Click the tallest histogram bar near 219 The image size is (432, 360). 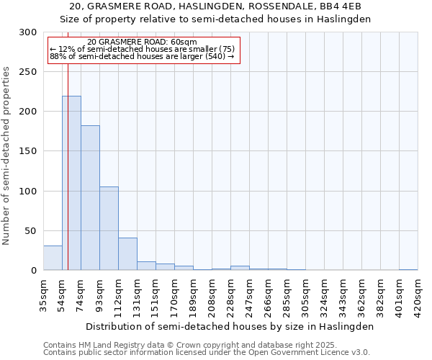click(x=71, y=183)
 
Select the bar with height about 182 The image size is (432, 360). click(x=90, y=198)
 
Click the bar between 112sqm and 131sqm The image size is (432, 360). click(x=127, y=254)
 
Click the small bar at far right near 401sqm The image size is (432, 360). click(x=408, y=269)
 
